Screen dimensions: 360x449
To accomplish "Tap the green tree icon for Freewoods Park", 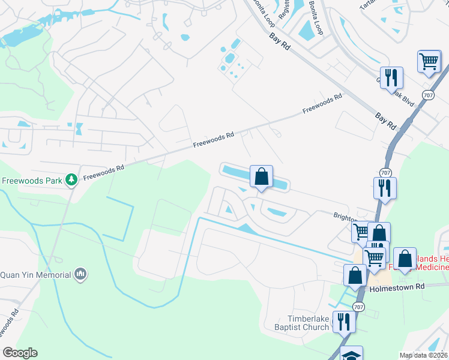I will click(x=71, y=179).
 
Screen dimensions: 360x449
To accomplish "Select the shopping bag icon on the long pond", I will click(x=261, y=176).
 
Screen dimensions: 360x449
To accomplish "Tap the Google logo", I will click(x=20, y=353).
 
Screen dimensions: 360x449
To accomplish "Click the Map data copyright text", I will click(x=423, y=355).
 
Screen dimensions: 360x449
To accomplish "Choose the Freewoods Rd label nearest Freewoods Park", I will click(x=103, y=173).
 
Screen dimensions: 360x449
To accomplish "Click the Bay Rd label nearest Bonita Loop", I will click(x=280, y=46).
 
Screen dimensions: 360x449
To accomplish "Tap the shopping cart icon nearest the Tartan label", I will click(x=429, y=61).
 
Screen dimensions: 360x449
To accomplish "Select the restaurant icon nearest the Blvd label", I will click(x=391, y=77).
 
